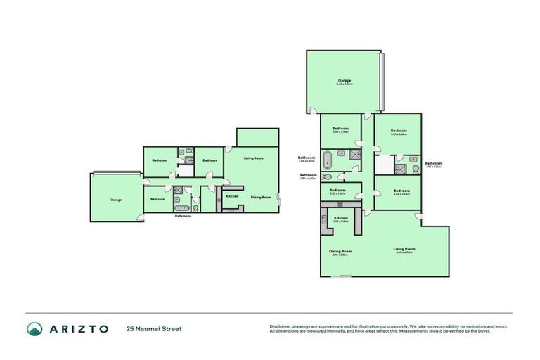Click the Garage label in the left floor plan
tap(116, 200)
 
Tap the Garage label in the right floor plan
tap(344, 81)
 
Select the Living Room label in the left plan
tap(253, 158)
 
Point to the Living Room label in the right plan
tap(404, 249)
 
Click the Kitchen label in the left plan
tap(232, 196)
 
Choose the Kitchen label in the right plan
tap(341, 219)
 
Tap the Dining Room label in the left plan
tap(261, 197)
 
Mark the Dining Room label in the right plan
tap(340, 251)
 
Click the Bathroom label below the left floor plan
tap(183, 216)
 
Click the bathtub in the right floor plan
tap(327, 160)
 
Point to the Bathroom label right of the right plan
tap(433, 163)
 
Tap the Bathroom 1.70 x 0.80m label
tap(307, 175)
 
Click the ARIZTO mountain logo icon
tap(34, 328)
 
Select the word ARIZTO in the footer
tap(79, 328)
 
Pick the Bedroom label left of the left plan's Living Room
tap(210, 160)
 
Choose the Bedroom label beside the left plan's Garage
tap(157, 199)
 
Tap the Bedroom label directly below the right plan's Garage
tap(340, 130)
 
